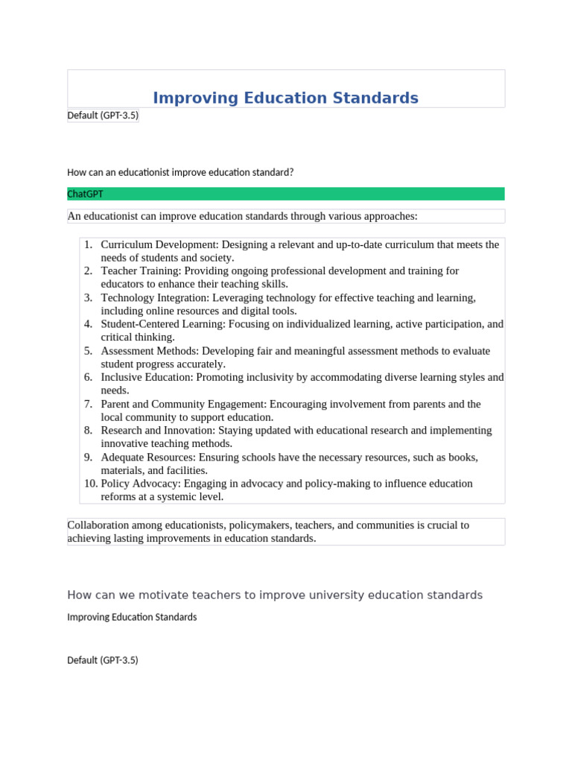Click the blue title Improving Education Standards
click(x=285, y=98)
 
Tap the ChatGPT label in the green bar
click(x=85, y=194)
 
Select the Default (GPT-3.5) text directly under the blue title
click(x=103, y=115)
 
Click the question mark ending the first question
click(x=291, y=172)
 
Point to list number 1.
click(x=88, y=244)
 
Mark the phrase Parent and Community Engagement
click(x=182, y=404)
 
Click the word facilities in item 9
click(x=187, y=470)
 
